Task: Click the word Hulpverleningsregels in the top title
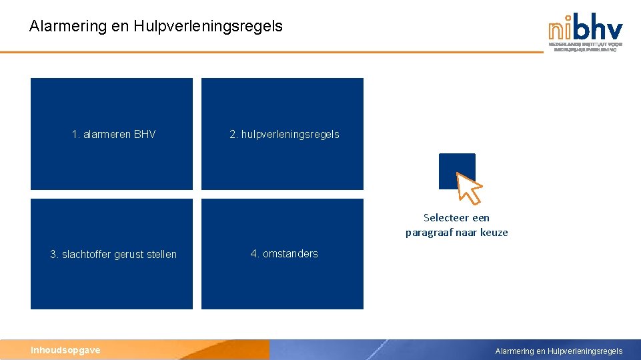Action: tap(208, 27)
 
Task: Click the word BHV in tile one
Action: tap(145, 135)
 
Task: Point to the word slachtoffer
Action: tap(87, 255)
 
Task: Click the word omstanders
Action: tap(290, 254)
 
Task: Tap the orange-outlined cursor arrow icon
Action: tap(469, 187)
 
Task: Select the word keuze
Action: tap(494, 233)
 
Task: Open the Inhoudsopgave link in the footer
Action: tap(65, 350)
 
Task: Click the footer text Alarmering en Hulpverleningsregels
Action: tap(558, 351)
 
